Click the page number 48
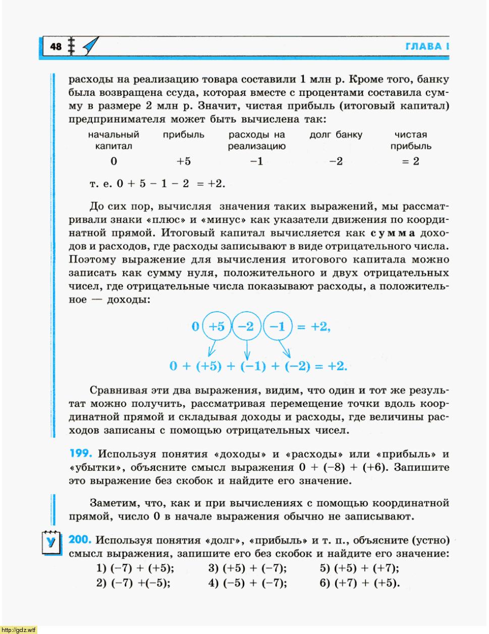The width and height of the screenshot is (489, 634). click(56, 47)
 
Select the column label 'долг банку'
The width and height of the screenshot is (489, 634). click(336, 135)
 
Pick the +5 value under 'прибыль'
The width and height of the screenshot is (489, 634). click(183, 161)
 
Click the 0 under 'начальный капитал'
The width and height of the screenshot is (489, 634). click(114, 161)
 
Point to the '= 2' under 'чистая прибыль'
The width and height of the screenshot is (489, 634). click(411, 161)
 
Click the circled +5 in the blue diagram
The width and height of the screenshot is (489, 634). click(216, 326)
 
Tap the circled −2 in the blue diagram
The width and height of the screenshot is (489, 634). click(247, 326)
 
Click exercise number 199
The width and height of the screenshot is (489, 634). click(80, 453)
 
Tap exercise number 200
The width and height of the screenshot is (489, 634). click(80, 540)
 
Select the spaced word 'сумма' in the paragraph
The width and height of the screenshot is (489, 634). click(393, 233)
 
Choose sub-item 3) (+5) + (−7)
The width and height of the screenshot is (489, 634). click(247, 568)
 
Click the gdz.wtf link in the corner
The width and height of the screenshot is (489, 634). click(19, 629)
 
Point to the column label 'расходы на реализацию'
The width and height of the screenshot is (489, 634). click(256, 140)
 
